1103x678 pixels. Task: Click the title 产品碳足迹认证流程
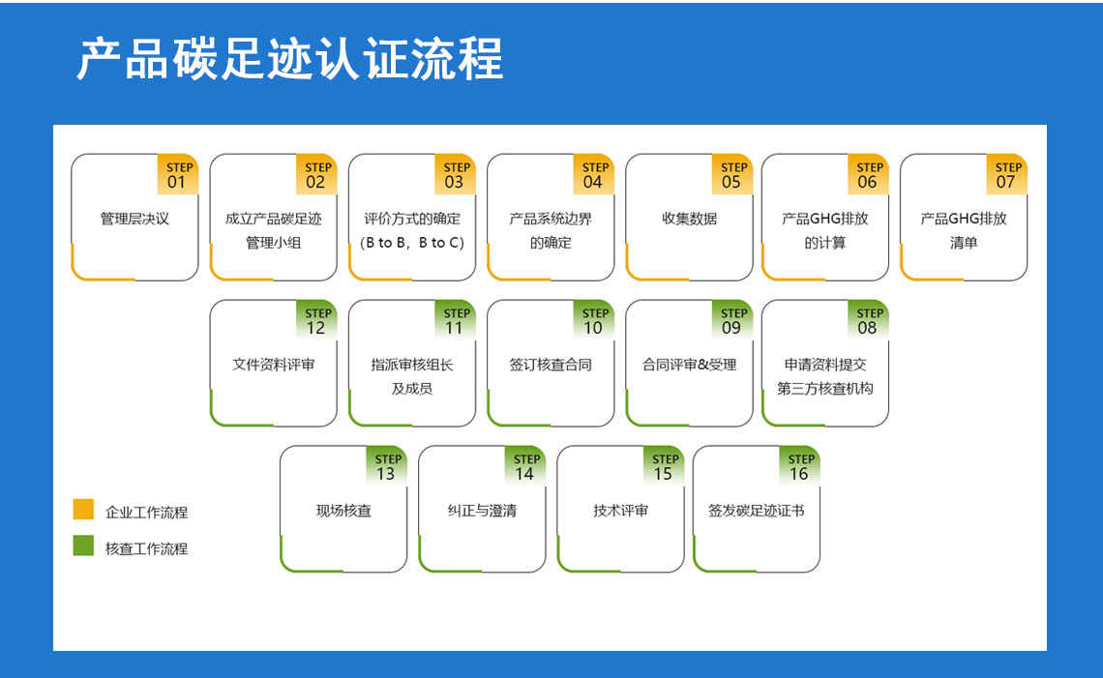[290, 60]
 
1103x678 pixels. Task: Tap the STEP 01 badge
[177, 175]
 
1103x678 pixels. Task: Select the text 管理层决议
[134, 219]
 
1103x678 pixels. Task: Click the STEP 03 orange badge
[455, 175]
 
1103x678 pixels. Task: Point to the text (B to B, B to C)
[412, 243]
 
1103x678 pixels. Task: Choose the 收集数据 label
[689, 219]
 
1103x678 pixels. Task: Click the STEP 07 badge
[1006, 175]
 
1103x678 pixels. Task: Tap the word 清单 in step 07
[964, 243]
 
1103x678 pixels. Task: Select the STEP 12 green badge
[316, 321]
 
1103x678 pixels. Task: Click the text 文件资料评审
[273, 365]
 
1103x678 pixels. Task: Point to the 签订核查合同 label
[551, 365]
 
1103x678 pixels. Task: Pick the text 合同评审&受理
[689, 365]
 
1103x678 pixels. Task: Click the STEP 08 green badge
[868, 321]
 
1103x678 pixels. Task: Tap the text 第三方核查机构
[825, 389]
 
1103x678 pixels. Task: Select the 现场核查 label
[343, 511]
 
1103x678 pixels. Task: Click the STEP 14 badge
[525, 467]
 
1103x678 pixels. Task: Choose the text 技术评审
[620, 511]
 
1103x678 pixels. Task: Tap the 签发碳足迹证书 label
[757, 511]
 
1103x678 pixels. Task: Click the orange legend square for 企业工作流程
[83, 510]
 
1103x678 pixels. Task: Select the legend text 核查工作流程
[146, 548]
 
